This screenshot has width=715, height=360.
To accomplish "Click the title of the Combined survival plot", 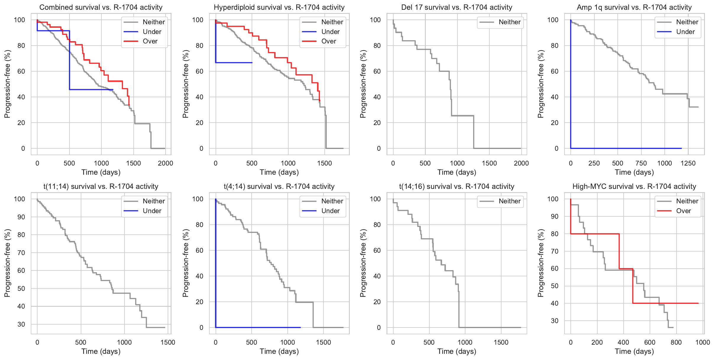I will click(101, 7).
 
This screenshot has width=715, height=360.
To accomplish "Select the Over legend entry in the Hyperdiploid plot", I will click(328, 41).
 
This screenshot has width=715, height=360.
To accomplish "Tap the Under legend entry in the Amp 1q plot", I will click(685, 32).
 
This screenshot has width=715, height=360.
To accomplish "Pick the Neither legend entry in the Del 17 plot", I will click(509, 22).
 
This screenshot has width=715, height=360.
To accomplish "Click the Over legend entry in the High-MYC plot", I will click(683, 211).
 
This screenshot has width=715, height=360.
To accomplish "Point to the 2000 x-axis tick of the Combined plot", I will click(165, 163).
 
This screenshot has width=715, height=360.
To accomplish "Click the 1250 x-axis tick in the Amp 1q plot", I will click(688, 163).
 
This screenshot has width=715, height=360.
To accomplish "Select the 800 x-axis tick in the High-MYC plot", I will click(676, 343).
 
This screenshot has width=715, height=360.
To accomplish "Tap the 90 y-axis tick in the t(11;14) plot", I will click(21, 217).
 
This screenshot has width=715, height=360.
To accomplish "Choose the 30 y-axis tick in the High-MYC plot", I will click(554, 321).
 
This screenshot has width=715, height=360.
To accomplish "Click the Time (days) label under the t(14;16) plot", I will click(457, 351).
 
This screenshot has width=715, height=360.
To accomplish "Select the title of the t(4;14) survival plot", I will click(279, 187).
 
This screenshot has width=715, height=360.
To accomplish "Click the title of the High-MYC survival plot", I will click(634, 187).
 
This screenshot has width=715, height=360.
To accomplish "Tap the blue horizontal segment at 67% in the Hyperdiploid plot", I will click(234, 63).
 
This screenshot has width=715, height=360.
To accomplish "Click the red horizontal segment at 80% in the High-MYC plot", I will click(594, 234).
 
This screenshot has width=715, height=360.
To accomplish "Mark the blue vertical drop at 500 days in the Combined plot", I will click(69, 59).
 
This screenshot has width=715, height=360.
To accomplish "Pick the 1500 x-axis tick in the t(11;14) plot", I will click(168, 343).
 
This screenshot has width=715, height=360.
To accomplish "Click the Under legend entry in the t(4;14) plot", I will click(330, 211).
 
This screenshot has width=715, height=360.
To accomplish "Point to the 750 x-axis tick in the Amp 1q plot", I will click(641, 163).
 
